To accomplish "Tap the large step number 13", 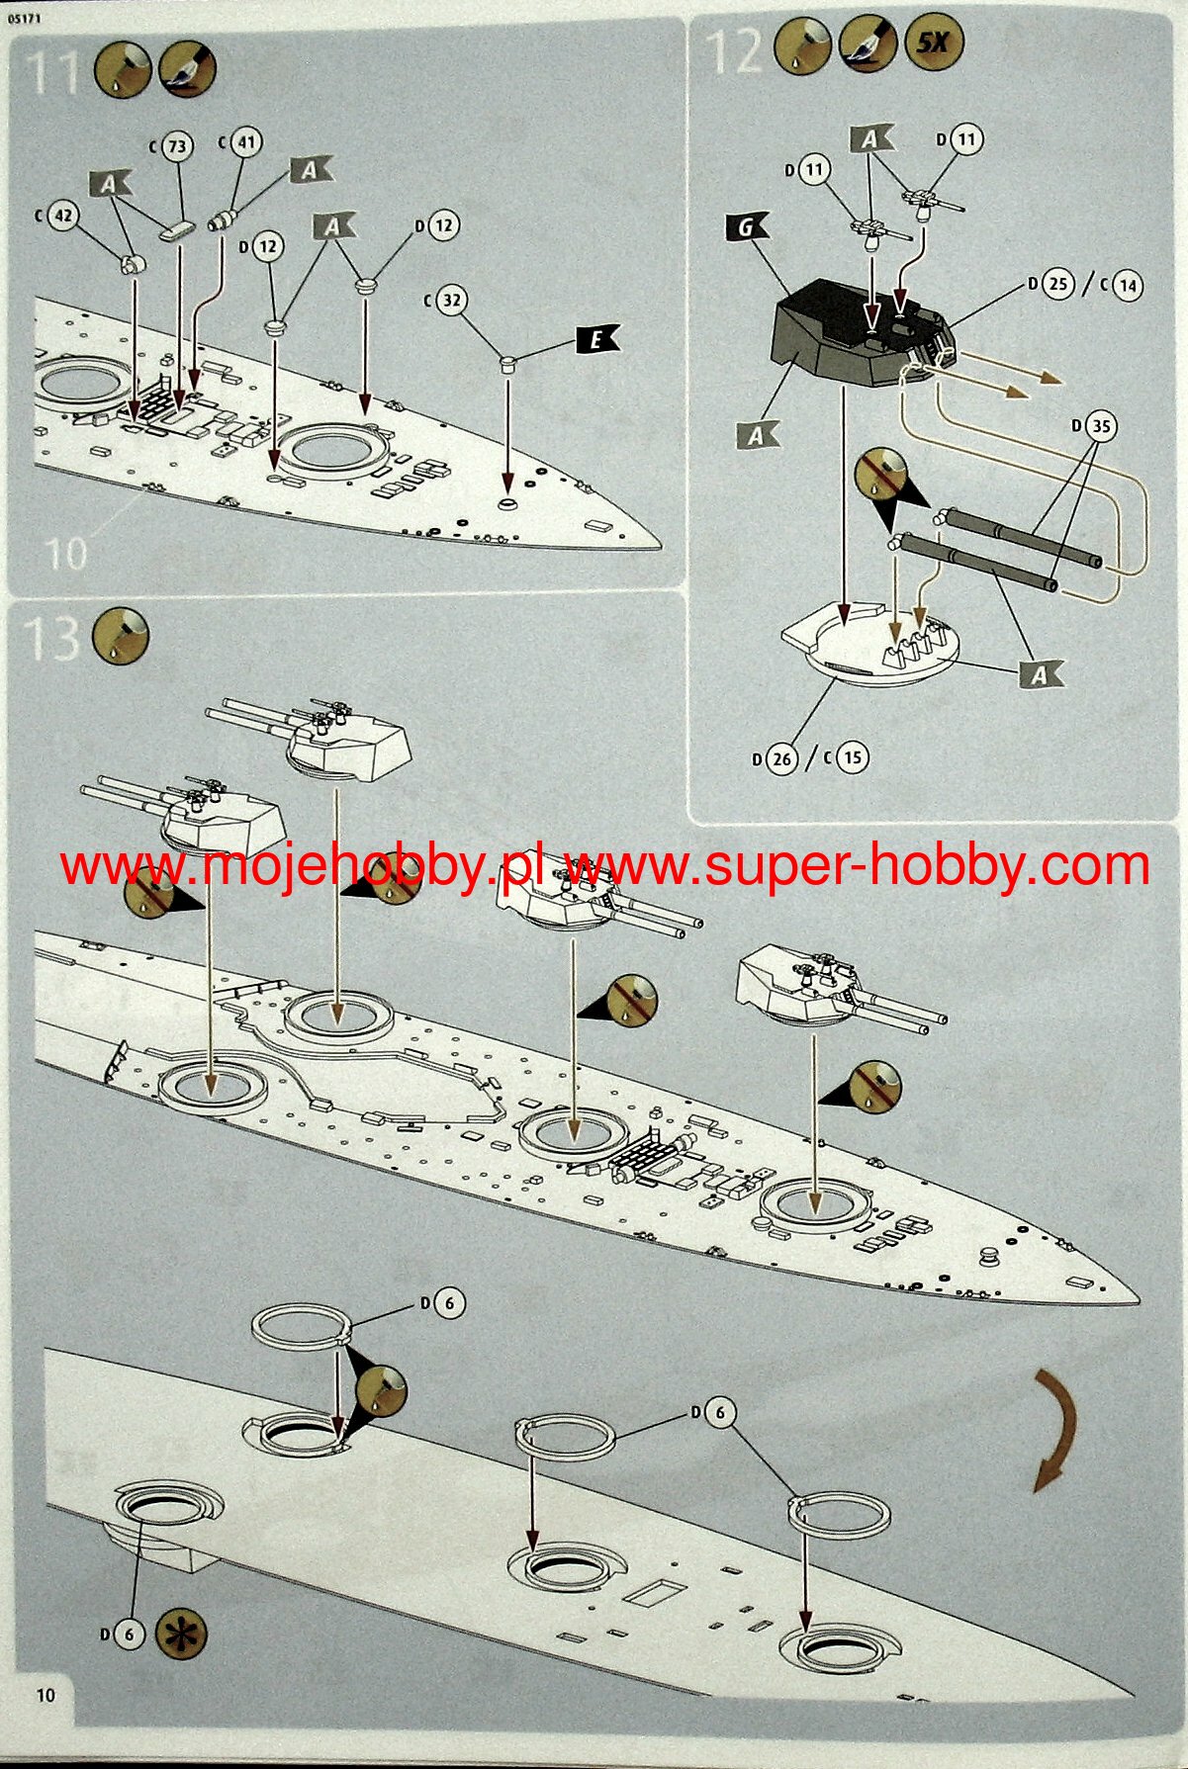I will click(51, 638).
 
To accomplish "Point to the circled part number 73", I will click(176, 147).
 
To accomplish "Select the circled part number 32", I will click(451, 300).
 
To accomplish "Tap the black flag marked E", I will click(596, 340).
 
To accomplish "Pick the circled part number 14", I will click(1127, 287).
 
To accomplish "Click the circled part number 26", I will click(781, 758).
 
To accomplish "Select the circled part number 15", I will click(852, 758).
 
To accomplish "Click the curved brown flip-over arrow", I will click(1055, 1431).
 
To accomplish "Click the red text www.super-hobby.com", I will click(856, 867).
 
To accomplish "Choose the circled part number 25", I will click(1058, 285).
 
